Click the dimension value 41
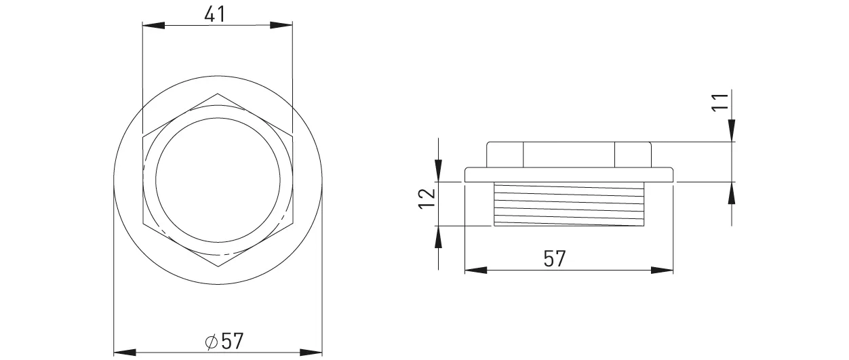pos(215,14)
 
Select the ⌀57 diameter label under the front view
pos(224,340)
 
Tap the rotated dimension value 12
pos(426,198)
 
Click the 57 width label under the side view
pos(554,259)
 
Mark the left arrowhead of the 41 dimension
pos(153,26)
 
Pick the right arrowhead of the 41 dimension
pos(281,26)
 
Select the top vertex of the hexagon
pos(218,94)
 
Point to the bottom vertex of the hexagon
pos(218,266)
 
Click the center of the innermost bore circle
pos(218,180)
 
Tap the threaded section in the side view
pos(568,204)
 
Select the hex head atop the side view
pos(568,154)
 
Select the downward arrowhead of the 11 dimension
pos(732,132)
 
